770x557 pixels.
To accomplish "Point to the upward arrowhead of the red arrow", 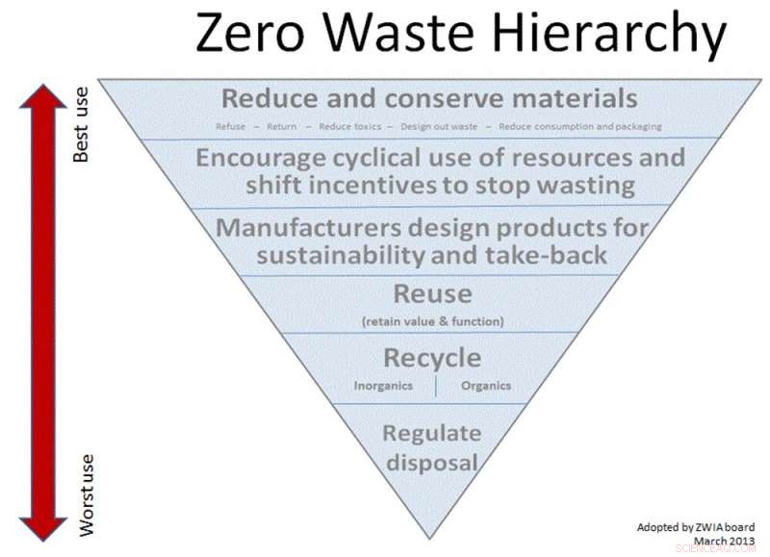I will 42,96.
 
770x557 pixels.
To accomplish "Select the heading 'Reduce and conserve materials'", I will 429,98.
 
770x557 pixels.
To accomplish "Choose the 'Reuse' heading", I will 432,293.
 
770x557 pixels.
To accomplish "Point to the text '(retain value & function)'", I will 432,320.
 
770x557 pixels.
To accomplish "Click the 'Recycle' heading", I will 432,358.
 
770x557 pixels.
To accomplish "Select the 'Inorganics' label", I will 383,386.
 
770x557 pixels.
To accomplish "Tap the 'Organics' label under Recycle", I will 486,386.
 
